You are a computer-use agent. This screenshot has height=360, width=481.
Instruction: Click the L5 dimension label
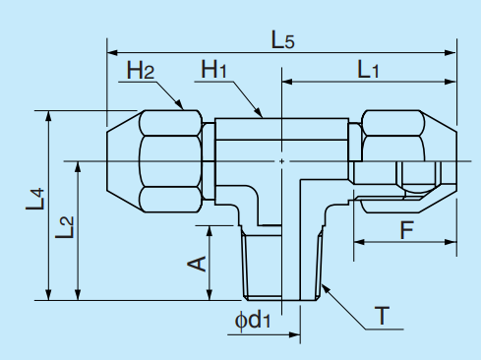pos(282,39)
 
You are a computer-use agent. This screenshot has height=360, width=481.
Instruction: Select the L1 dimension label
pos(369,70)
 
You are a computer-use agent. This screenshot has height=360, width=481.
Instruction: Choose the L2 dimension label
pos(65,228)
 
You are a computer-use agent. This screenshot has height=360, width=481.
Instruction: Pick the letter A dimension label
pos(195,263)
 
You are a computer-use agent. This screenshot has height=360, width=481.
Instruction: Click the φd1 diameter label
pos(252,320)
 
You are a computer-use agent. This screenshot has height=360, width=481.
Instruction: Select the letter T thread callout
pos(382,317)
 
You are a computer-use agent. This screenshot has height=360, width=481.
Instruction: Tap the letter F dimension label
pos(405,231)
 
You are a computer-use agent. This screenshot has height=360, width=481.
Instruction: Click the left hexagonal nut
pos(172,159)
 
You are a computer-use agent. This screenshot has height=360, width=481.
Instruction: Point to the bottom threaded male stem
pos(281,264)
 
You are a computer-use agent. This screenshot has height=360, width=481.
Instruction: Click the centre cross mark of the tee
pos(282,160)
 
